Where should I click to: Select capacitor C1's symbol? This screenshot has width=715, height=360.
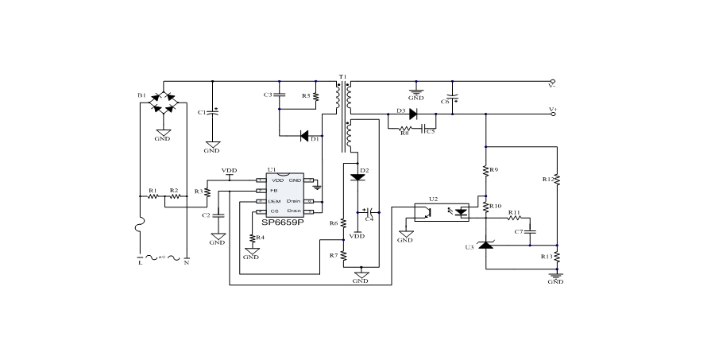(x=212, y=111)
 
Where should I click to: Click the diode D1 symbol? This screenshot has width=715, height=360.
(x=305, y=136)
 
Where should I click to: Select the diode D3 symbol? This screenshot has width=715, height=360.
(x=413, y=114)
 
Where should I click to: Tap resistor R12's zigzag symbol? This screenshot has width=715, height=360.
(x=557, y=180)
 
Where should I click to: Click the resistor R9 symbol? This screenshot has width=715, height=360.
(x=485, y=170)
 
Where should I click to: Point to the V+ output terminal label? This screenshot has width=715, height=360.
(x=552, y=110)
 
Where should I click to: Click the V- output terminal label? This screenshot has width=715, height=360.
(x=552, y=82)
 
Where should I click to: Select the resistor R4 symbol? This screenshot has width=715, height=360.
(x=252, y=238)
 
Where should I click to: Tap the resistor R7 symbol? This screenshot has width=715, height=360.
(x=344, y=255)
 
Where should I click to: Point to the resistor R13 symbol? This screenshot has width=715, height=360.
(x=557, y=257)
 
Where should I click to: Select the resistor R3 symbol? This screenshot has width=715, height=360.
(x=208, y=191)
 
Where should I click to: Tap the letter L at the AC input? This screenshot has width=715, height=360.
(x=141, y=262)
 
